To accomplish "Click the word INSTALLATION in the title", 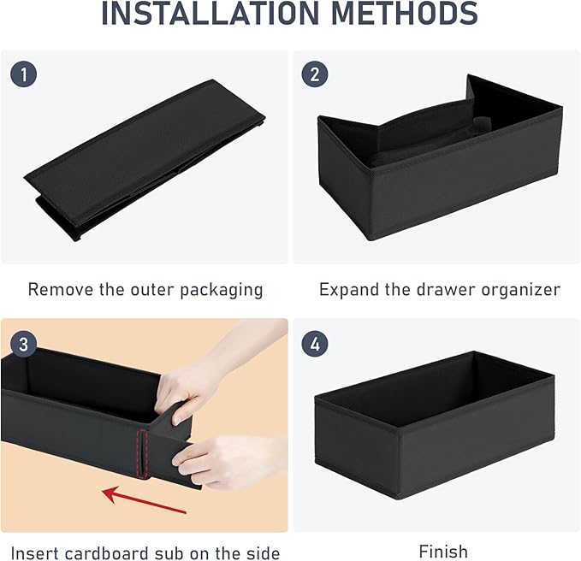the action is pos(210,13).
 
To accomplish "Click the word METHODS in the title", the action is pos(404,13).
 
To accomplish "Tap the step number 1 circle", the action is pos(23,74).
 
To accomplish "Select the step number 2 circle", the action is pos(315,74).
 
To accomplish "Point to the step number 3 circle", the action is pos(23,345).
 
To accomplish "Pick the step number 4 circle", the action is pos(315,344).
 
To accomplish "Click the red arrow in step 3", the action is pos(144,501).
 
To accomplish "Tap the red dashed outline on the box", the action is pos(142,454).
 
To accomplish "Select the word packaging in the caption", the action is pos(222,291).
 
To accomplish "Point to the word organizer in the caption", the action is pos(520,291).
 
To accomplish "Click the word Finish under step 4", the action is pos(443,552).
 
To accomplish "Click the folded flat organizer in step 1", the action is pos(145,160).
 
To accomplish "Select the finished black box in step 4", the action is pos(435,426).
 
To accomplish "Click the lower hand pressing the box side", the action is pos(229,461).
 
